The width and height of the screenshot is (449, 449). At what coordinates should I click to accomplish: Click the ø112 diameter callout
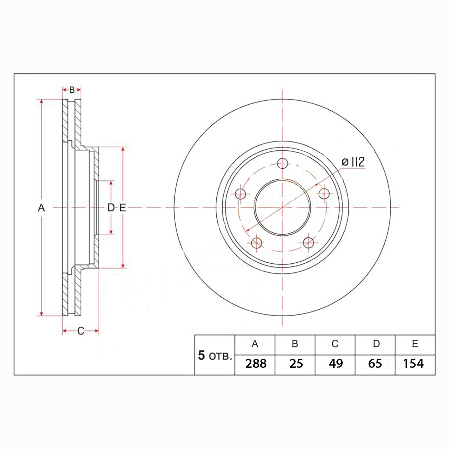point(353,162)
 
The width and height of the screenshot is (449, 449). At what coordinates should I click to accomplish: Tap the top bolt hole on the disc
point(282,163)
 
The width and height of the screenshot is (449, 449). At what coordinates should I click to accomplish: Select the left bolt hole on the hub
point(240,194)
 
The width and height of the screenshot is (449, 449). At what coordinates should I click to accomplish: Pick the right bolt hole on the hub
point(324,194)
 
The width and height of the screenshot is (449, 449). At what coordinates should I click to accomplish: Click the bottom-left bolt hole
point(256,243)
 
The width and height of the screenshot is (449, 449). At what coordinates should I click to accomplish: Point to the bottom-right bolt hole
point(308,243)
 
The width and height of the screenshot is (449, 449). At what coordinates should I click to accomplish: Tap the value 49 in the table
point(336,364)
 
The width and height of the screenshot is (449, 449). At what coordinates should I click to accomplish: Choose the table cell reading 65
point(375,364)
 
